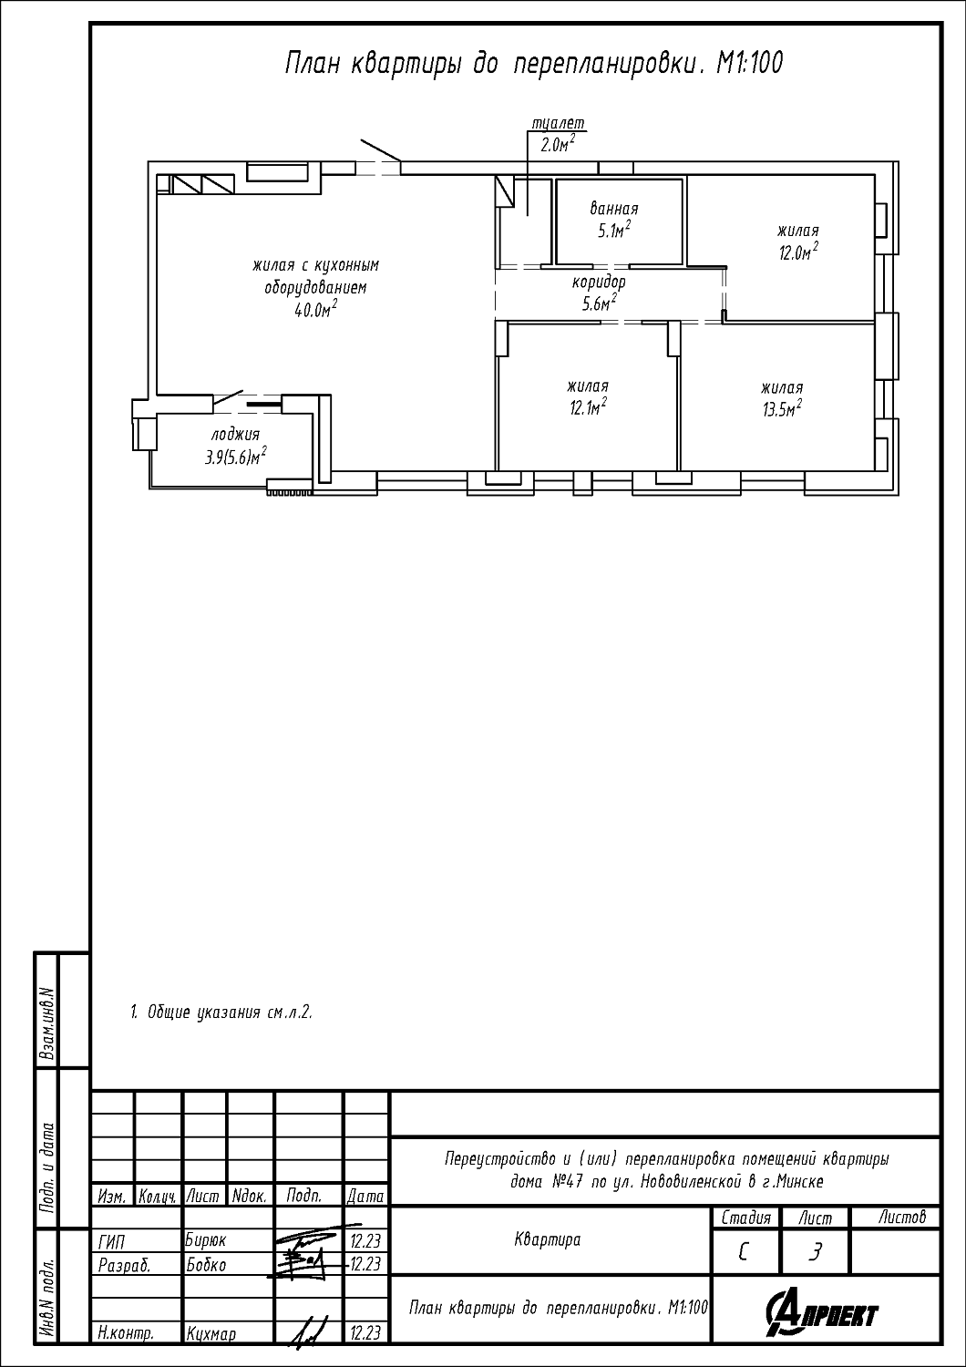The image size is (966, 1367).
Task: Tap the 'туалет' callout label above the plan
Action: (558, 123)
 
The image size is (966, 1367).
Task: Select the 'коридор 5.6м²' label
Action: (599, 293)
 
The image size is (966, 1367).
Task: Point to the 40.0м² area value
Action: (315, 310)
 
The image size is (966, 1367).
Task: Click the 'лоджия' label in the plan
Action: (235, 435)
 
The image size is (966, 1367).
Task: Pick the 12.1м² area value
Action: (589, 406)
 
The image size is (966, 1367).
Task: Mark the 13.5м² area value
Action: (782, 407)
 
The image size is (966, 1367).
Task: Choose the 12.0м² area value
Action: (798, 252)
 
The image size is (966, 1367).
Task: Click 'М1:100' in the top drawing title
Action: (749, 63)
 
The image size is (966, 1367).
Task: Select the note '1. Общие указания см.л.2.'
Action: (221, 1012)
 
